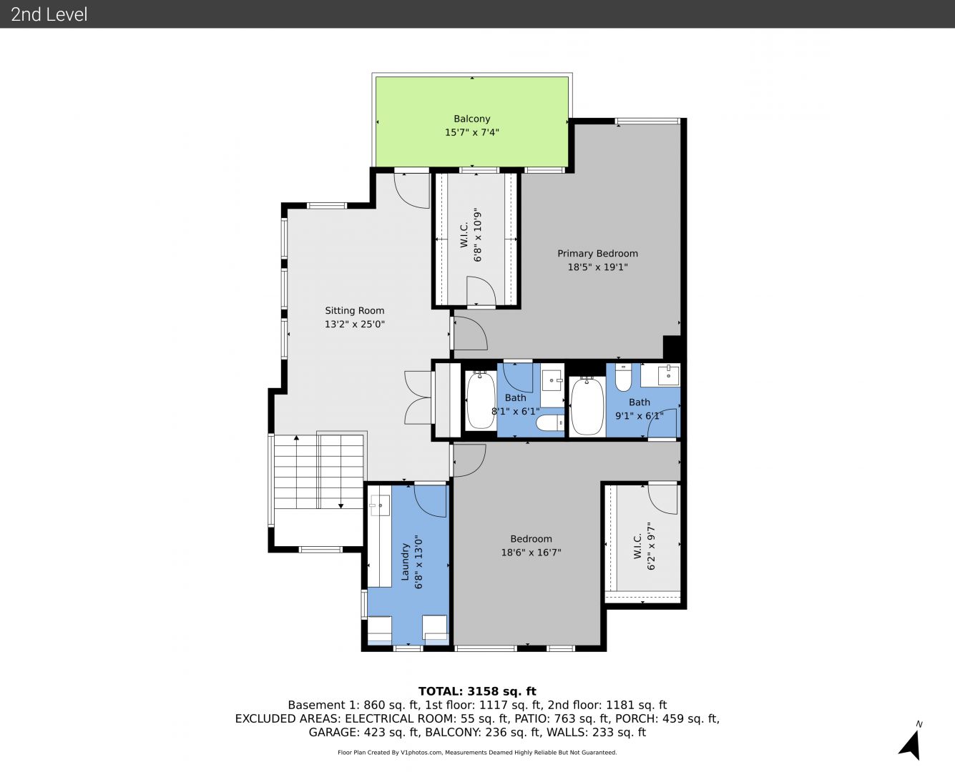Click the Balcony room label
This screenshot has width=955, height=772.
pos(471,119)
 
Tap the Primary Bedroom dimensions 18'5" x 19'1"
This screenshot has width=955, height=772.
pos(597,267)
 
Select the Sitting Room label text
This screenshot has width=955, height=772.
pos(355,310)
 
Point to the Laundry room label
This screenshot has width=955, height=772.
pos(406,562)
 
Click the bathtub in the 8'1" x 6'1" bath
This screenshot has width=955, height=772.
pos(481,401)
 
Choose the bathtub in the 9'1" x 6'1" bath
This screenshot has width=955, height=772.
pos(587,406)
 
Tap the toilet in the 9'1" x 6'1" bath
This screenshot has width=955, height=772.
pos(623,377)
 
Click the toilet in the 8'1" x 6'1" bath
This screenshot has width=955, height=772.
pos(550,423)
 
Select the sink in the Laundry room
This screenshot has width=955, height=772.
pos(379,506)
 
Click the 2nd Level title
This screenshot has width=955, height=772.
pos(49,14)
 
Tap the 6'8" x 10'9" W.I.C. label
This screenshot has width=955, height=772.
pos(471,234)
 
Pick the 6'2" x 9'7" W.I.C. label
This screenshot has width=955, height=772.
pos(645,545)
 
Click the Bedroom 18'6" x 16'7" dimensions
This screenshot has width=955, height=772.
pos(531,553)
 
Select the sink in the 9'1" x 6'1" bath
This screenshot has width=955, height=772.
pos(668,375)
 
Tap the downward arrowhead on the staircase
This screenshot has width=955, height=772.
pos(341,506)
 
